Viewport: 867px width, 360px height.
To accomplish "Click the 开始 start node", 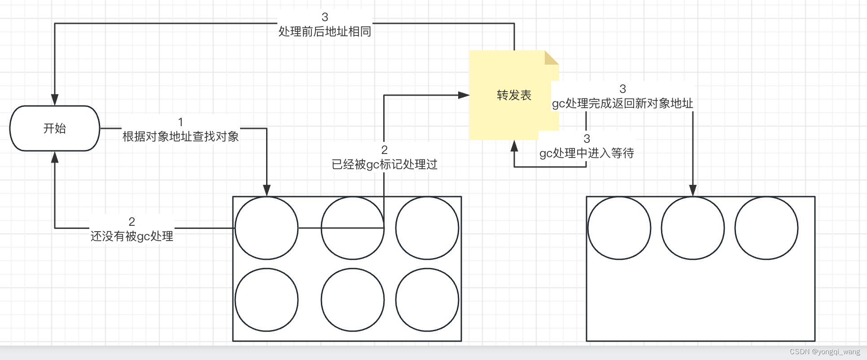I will [54, 128].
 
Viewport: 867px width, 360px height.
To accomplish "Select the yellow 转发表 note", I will [513, 95].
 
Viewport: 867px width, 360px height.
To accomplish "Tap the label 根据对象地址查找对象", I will [180, 136].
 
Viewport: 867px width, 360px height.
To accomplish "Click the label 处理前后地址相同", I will [324, 31].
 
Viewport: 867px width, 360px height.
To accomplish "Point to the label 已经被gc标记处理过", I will [384, 164].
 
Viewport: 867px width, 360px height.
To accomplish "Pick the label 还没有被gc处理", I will [132, 236].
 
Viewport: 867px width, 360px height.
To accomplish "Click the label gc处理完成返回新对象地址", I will [622, 103].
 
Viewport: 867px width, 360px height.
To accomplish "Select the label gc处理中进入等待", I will [587, 153].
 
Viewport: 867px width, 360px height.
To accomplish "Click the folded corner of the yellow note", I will [551, 57].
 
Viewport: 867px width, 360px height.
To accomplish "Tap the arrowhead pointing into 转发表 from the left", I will [464, 95].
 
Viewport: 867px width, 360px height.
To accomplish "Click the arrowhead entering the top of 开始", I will [55, 100].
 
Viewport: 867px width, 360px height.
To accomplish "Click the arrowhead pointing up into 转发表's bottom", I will [514, 146].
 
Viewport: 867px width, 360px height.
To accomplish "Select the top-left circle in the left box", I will [267, 228].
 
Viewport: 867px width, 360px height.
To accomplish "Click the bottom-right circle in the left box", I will [427, 300].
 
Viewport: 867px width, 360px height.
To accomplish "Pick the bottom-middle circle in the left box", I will [352, 300].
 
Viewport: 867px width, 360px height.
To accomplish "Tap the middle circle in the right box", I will [692, 228].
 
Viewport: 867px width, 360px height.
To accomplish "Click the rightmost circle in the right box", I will [766, 228].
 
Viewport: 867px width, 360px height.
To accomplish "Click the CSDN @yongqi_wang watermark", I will [824, 352].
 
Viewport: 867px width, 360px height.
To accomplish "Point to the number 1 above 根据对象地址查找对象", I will [180, 122].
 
